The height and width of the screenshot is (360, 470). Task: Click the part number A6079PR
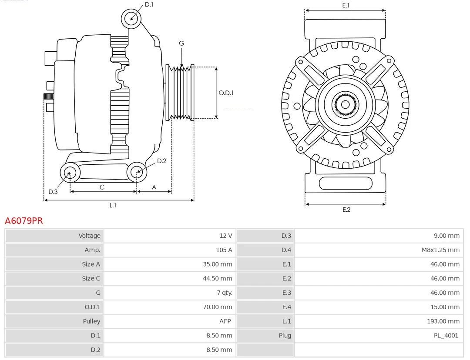point(24,221)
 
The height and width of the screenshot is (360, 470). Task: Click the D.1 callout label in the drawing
point(149,4)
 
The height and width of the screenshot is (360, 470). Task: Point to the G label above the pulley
point(181,43)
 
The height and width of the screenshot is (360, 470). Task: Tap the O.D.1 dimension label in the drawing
point(226,93)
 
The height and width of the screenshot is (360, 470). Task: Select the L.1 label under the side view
point(113,205)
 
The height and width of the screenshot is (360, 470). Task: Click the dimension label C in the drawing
point(102,187)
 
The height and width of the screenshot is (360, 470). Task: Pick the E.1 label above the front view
point(346,5)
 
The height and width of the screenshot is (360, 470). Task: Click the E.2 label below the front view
point(346,210)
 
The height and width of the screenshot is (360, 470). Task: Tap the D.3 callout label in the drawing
point(53,192)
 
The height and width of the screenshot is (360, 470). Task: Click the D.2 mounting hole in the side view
point(137,172)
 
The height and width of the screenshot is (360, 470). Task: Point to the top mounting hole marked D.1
point(131,18)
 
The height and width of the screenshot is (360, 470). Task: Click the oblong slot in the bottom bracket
point(346,183)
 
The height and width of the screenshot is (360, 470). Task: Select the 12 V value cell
point(225,236)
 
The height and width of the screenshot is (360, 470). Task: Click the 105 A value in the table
point(224,250)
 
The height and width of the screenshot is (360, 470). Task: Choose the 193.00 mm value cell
point(443,321)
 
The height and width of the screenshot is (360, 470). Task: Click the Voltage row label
point(89,236)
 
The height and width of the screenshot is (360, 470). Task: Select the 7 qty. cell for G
point(224,293)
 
